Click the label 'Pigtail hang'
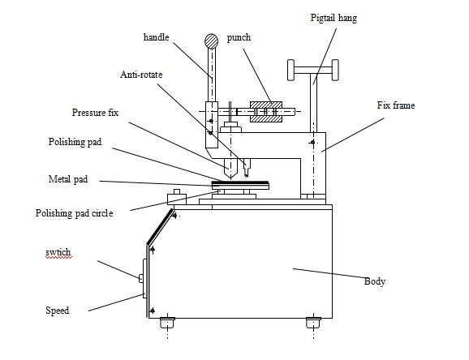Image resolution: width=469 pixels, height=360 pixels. (x=333, y=18)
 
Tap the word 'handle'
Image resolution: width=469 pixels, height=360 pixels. (x=156, y=37)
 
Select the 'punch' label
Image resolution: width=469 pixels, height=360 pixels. (x=239, y=37)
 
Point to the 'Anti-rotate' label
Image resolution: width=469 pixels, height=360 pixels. (x=141, y=75)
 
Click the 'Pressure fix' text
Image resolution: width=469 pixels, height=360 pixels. (x=95, y=113)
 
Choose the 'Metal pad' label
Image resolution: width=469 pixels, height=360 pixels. (x=68, y=179)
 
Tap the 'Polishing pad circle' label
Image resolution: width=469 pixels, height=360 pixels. (x=74, y=213)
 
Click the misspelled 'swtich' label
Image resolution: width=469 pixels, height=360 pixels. (x=58, y=253)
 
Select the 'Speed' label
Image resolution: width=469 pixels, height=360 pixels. (x=57, y=311)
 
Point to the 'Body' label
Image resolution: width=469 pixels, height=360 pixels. (x=375, y=281)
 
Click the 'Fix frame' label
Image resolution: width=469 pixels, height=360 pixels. (x=396, y=105)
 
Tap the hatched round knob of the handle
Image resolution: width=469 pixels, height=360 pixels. (x=212, y=41)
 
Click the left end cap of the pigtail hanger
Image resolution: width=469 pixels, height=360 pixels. (x=290, y=70)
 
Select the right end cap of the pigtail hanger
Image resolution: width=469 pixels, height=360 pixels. (x=335, y=70)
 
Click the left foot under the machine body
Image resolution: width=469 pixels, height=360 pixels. (x=167, y=323)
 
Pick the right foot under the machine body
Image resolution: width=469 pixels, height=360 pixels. (x=313, y=323)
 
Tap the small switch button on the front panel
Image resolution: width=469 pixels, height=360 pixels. (x=141, y=278)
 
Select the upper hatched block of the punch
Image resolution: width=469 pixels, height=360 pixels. (x=266, y=105)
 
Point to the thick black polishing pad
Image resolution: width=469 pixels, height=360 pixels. (x=240, y=182)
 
